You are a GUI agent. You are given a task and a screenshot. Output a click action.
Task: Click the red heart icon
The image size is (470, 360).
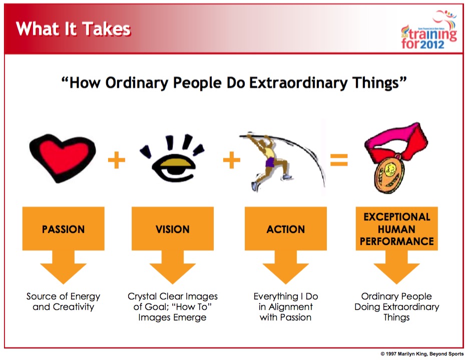point(63,157)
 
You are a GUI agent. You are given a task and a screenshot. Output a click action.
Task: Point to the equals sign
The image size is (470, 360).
point(339,160)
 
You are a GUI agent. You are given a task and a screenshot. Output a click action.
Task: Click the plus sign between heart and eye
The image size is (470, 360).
point(117,160)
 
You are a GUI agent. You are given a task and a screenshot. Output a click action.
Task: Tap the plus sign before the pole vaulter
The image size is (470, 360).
point(232,160)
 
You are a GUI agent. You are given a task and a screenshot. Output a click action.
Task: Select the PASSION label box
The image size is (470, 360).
point(63,228)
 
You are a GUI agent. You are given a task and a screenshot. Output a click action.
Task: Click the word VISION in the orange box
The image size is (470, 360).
point(173,229)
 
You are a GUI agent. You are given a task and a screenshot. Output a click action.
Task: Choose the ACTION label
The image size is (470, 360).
point(286,229)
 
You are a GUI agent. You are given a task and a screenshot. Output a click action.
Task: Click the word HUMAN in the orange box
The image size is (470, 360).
point(396,229)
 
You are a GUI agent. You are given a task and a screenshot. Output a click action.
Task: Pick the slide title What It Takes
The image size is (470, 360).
point(74,29)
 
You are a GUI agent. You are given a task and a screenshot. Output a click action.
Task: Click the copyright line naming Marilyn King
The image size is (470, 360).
point(422,354)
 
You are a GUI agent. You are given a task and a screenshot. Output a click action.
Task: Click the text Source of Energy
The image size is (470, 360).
point(63,296)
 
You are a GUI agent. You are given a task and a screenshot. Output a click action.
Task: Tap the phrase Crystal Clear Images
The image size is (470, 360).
point(173,296)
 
